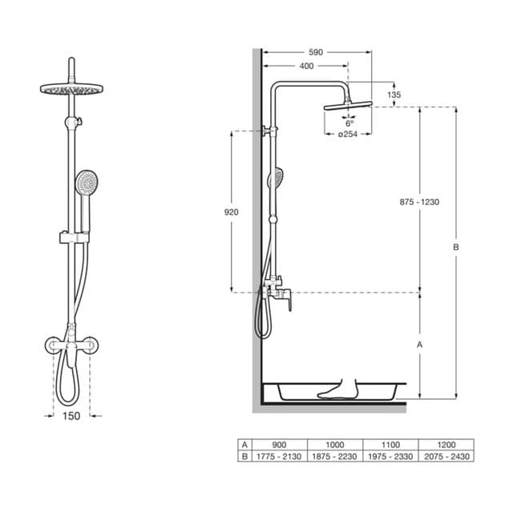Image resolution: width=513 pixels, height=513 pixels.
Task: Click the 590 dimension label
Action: click(x=315, y=52)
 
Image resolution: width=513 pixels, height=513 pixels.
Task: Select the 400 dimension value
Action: click(x=306, y=66)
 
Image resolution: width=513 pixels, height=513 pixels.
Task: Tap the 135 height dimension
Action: click(x=394, y=95)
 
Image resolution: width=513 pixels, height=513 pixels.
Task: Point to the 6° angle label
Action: click(x=349, y=123)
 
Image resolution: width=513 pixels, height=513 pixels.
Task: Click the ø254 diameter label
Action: click(x=348, y=134)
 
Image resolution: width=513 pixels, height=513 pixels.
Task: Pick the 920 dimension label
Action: click(x=232, y=212)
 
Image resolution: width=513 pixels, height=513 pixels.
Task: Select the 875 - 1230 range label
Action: click(x=419, y=202)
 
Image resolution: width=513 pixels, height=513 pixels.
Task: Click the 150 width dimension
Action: click(x=71, y=416)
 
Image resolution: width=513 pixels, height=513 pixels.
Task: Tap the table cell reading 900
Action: click(x=279, y=445)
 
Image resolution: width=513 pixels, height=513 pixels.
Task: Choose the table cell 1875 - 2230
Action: click(x=335, y=456)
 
